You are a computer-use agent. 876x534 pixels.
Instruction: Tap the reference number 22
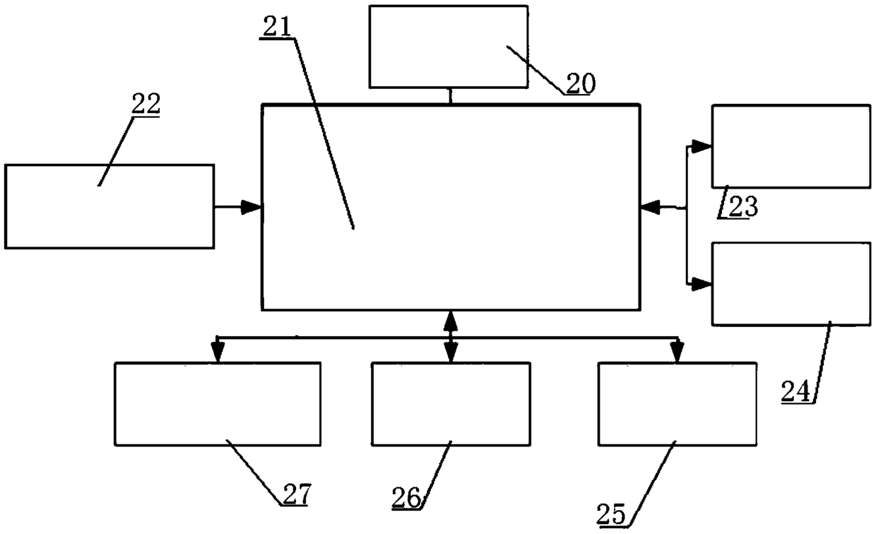click(146, 104)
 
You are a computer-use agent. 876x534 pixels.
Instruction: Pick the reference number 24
click(796, 390)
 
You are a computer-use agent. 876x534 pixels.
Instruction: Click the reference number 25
click(612, 514)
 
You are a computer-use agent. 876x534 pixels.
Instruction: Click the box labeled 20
click(448, 46)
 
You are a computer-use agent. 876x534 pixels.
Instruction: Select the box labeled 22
click(109, 206)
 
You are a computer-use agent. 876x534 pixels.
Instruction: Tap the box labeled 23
click(791, 146)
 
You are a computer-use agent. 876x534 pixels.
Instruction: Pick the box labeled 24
click(791, 283)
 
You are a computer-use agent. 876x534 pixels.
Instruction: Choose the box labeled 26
click(451, 404)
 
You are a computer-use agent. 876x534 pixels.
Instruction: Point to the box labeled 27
click(218, 404)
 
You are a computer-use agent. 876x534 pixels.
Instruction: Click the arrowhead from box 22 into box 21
click(253, 207)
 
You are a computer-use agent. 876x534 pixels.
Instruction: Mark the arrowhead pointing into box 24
click(702, 284)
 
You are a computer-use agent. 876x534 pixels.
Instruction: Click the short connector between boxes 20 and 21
click(451, 96)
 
